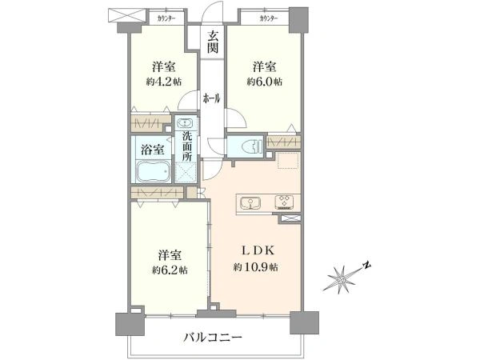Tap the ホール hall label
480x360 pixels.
tap(211, 98)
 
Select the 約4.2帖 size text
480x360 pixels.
tap(164, 82)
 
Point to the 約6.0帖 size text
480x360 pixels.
tap(265, 82)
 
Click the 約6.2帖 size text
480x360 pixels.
tap(170, 270)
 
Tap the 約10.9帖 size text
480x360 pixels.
tap(256, 267)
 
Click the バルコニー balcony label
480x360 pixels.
tap(213, 338)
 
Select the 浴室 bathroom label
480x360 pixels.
tap(153, 150)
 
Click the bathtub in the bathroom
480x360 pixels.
tap(153, 171)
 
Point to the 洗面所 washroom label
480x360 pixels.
tap(187, 146)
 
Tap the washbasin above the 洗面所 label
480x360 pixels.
tap(186, 123)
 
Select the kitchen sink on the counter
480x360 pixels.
tap(250, 203)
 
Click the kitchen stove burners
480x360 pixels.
tap(284, 202)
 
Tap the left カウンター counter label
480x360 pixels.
tap(166, 18)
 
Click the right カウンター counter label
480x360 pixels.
tap(269, 18)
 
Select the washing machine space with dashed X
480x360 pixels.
tap(186, 172)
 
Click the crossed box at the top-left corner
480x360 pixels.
tap(127, 15)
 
